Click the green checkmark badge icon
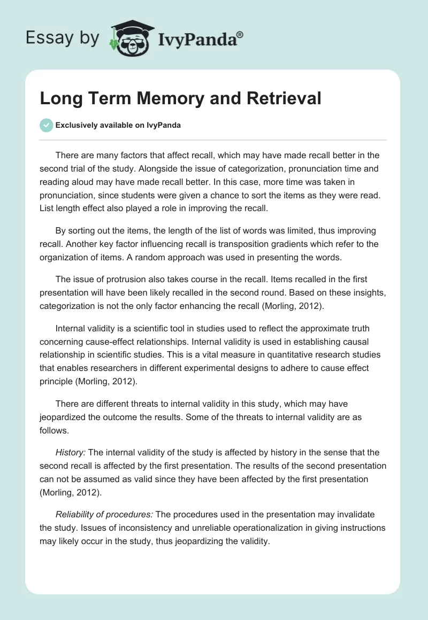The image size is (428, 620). pos(45,126)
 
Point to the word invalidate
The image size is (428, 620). pos(347,514)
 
